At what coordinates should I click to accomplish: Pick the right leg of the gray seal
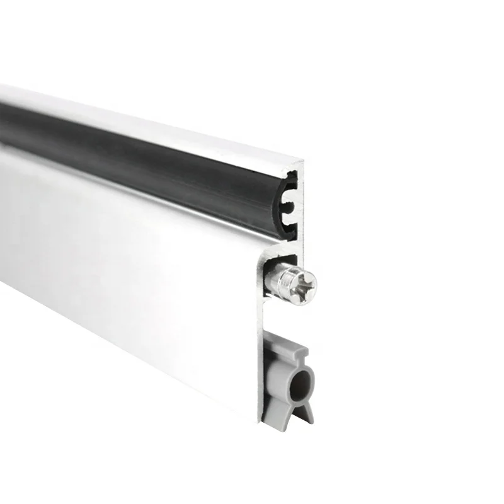pos(306,412)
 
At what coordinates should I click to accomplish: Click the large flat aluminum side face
pos(126,265)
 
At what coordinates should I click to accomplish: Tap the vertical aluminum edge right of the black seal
pos(301,202)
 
